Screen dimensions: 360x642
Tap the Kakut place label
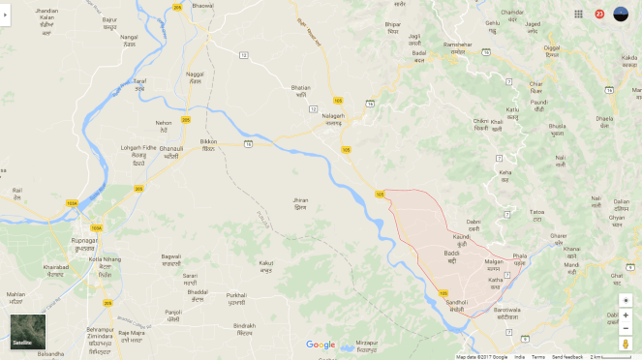pos(266,262)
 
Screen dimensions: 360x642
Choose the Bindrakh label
pos(244,325)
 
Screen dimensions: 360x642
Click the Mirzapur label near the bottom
pos(366,343)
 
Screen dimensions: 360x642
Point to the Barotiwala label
pos(507,310)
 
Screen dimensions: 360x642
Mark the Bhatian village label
pos(301,87)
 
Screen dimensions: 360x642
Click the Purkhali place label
pos(236,295)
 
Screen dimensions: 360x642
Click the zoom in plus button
pos(626,315)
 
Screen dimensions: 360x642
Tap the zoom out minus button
pos(626,329)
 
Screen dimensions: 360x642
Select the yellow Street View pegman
pos(626,344)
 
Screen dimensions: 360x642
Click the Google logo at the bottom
pos(321,345)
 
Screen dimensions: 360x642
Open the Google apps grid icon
pos(578,15)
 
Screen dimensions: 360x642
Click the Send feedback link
pos(567,356)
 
